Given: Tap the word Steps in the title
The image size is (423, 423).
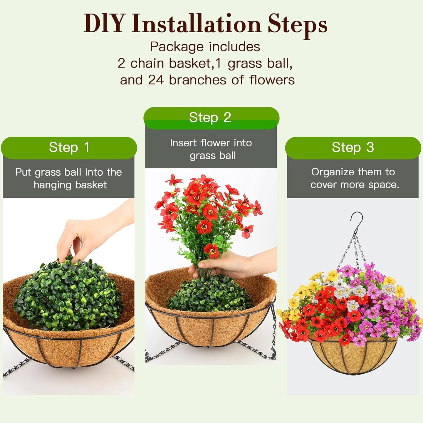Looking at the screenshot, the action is (297, 26).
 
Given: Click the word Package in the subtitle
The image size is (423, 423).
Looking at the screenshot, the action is (177, 47).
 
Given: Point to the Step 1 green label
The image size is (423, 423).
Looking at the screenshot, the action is (69, 147).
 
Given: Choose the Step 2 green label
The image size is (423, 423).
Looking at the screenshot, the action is (211, 118).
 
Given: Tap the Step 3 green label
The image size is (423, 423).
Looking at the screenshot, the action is (353, 147).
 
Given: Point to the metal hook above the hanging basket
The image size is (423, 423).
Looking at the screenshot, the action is (357, 220).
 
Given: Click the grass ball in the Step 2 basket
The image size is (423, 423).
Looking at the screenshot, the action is (210, 294).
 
